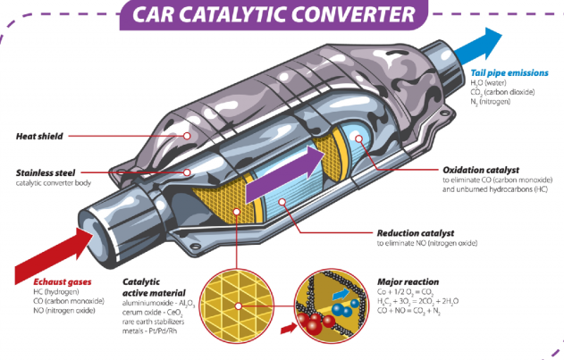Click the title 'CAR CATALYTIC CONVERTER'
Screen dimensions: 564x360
[274, 14]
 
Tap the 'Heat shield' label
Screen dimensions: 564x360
[39, 137]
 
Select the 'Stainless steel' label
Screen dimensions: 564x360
[46, 173]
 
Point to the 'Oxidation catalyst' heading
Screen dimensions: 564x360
[481, 170]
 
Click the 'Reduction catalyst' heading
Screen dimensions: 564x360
[416, 233]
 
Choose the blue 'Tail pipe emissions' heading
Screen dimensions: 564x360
[509, 73]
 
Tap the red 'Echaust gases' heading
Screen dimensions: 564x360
[63, 282]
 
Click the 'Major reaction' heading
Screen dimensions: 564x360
[408, 282]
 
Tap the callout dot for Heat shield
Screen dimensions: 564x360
[187, 136]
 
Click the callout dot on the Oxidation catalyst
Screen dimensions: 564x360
[358, 138]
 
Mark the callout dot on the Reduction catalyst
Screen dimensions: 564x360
[282, 202]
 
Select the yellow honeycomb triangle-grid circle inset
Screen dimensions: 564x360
[237, 306]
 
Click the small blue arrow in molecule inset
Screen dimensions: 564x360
[341, 294]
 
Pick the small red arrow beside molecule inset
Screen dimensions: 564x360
[289, 328]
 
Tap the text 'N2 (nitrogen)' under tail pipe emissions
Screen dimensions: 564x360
[491, 102]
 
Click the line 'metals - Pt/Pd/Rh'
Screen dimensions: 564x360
[149, 331]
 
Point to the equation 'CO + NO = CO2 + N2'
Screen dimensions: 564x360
[408, 311]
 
